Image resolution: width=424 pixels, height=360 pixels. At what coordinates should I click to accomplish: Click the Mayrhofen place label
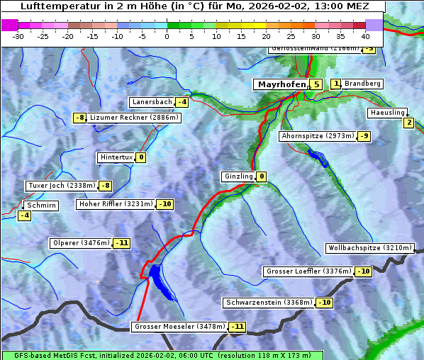281,84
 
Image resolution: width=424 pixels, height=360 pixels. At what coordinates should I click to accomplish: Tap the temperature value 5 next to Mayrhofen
316,84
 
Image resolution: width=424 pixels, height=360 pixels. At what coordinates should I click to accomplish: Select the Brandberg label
362,84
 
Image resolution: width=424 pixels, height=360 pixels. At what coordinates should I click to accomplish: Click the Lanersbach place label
152,102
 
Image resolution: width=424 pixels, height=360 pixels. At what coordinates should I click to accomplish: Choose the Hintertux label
116,157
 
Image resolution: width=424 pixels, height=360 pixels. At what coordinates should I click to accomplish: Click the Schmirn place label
40,206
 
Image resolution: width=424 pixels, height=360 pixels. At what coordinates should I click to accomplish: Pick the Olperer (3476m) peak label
81,243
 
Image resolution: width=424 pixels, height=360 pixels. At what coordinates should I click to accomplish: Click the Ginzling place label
238,176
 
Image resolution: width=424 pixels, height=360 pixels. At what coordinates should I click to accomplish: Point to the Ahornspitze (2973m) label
317,135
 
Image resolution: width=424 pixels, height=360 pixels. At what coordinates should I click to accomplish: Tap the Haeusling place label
387,113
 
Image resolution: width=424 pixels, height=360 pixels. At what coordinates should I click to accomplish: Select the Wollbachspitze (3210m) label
369,248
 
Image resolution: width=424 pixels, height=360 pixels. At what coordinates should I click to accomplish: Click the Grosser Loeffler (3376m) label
308,271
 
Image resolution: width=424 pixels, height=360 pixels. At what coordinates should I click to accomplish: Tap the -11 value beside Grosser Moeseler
237,327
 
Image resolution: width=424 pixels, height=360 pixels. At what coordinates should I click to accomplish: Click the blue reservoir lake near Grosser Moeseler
157,277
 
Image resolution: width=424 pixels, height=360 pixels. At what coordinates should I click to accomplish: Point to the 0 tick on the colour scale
167,35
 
